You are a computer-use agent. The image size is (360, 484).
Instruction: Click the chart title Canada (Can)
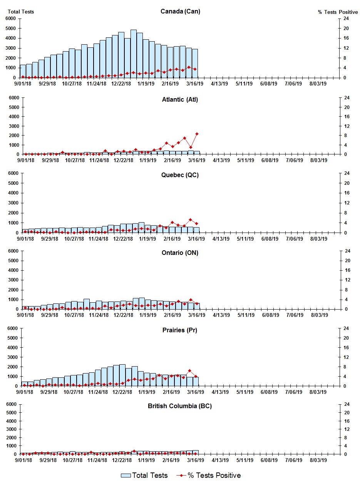click(180, 12)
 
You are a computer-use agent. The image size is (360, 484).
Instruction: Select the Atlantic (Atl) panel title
click(180, 100)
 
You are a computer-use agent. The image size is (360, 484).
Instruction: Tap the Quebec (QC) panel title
click(180, 175)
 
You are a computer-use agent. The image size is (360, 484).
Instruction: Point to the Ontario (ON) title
click(180, 253)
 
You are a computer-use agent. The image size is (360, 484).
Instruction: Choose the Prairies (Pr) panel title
click(180, 330)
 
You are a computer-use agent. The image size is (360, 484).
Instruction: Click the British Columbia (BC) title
click(180, 406)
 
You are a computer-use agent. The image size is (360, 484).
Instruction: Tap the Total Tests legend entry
click(145, 476)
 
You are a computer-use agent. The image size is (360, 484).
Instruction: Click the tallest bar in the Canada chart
click(133, 54)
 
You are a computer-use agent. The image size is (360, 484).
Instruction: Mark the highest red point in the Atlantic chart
click(197, 134)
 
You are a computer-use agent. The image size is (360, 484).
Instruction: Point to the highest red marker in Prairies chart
click(190, 371)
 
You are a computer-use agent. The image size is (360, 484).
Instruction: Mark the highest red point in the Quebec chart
click(191, 219)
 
